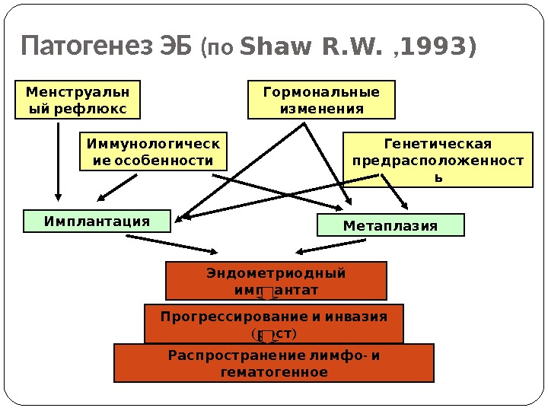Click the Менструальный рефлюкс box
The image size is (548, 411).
(x=78, y=100)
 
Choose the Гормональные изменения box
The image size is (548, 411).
(x=321, y=100)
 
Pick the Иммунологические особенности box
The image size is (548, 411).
(x=153, y=151)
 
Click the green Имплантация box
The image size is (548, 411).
(x=97, y=221)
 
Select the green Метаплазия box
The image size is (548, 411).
(x=390, y=225)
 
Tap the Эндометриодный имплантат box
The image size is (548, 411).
(x=276, y=281)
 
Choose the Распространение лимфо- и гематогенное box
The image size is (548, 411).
(x=273, y=363)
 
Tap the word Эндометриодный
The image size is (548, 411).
(x=276, y=273)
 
